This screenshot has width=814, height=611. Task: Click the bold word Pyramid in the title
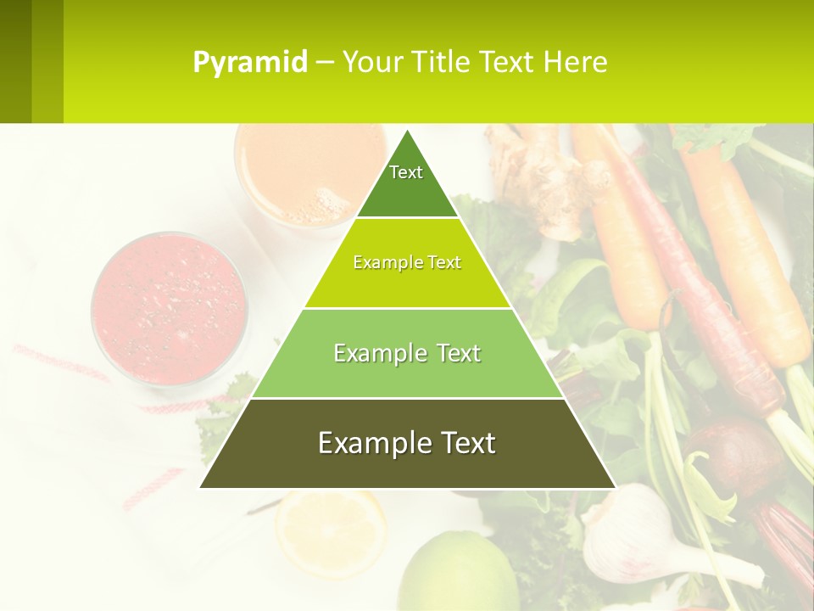250,63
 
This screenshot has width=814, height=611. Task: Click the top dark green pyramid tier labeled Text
406,182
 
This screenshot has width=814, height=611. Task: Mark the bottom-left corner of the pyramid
200,487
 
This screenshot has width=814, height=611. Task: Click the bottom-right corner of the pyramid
615,487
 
